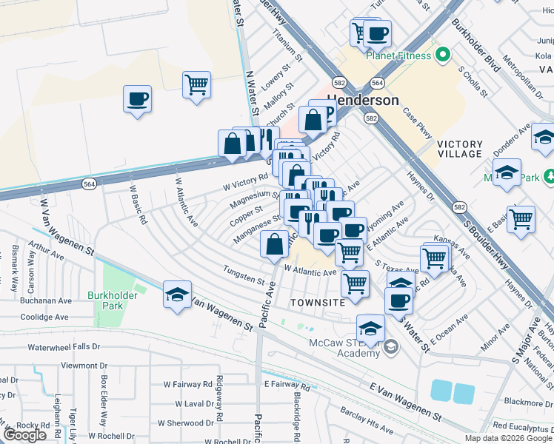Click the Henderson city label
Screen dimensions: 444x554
click(x=363, y=100)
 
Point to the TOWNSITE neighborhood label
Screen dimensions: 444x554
click(x=318, y=303)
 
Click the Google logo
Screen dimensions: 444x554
click(x=24, y=435)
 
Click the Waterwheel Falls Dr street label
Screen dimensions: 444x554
click(x=68, y=347)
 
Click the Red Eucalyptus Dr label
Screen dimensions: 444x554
click(x=522, y=425)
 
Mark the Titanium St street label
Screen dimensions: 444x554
click(x=288, y=46)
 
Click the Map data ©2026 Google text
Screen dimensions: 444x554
click(x=507, y=438)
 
